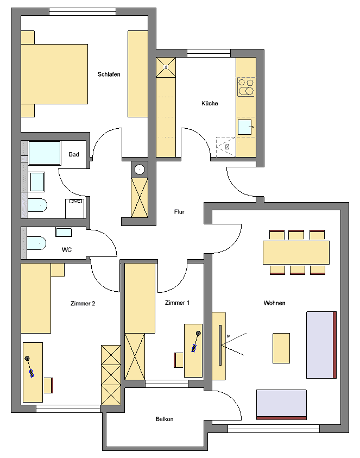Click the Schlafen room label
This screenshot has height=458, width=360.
click(109, 74)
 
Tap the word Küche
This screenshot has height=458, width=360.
click(210, 103)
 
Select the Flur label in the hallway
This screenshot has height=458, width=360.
click(179, 212)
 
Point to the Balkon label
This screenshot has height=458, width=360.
click(164, 419)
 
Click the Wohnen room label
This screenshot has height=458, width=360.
click(274, 303)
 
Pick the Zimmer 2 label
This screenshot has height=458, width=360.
click(83, 304)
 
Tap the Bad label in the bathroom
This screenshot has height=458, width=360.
click(74, 155)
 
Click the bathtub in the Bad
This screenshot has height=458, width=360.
click(44, 153)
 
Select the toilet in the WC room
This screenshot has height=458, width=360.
click(36, 243)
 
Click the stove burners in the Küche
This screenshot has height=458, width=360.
click(246, 87)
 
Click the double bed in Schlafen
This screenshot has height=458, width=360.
click(54, 74)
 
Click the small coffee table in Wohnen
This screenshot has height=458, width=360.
click(281, 348)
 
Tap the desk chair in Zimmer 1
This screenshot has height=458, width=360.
click(178, 360)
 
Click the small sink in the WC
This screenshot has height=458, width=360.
click(64, 232)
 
